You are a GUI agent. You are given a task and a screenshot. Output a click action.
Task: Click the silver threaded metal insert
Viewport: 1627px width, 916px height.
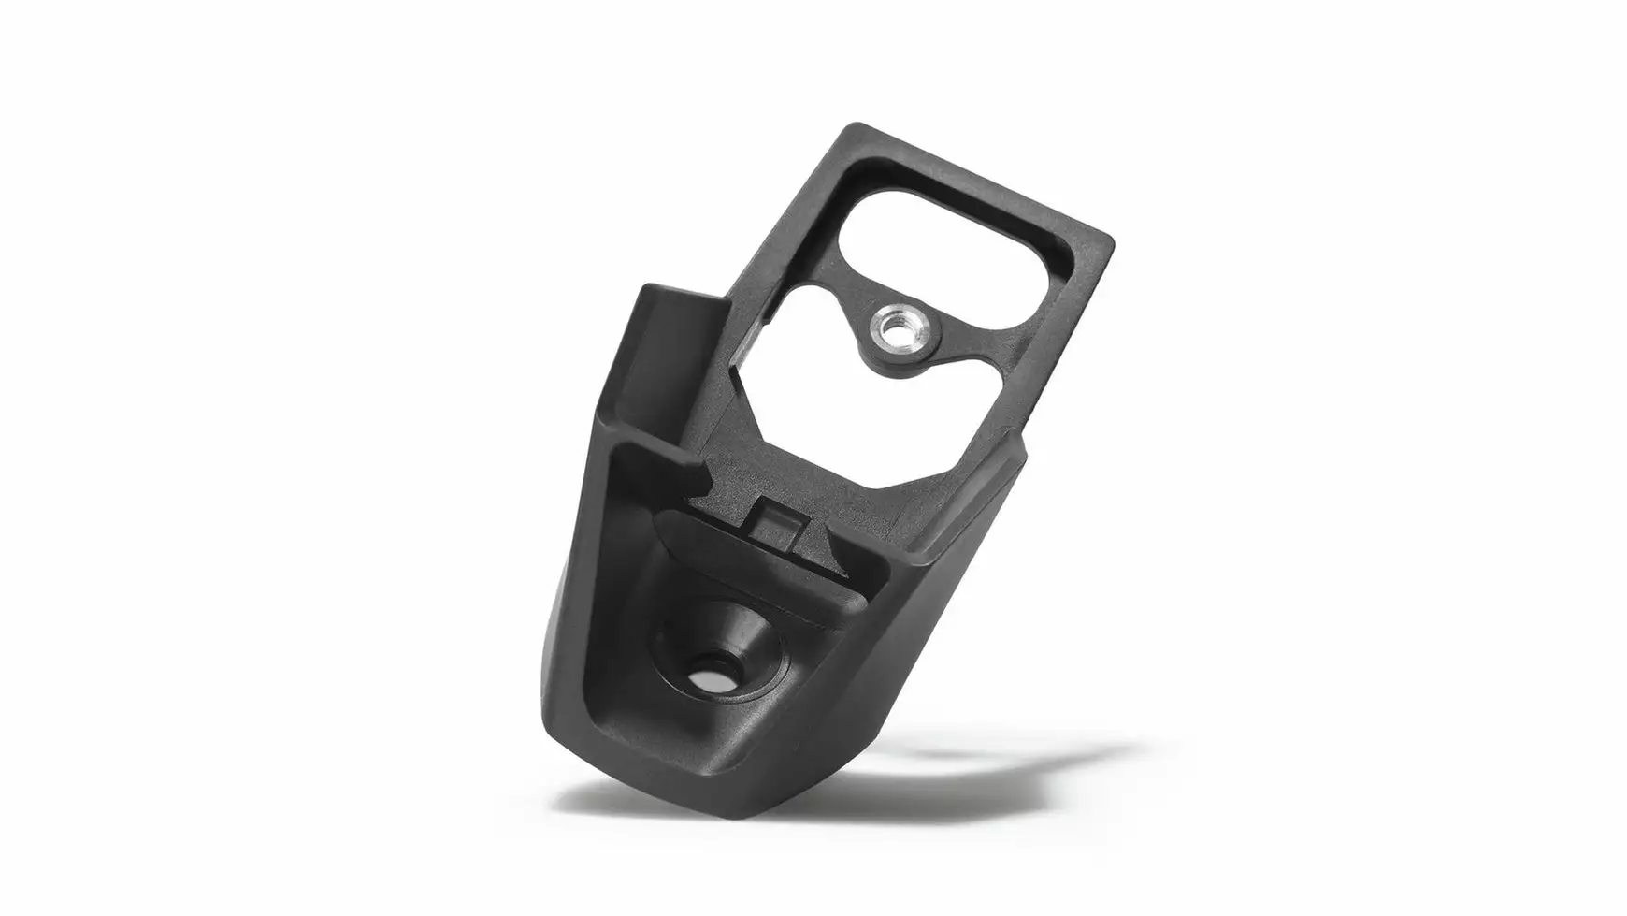coord(892,328)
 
